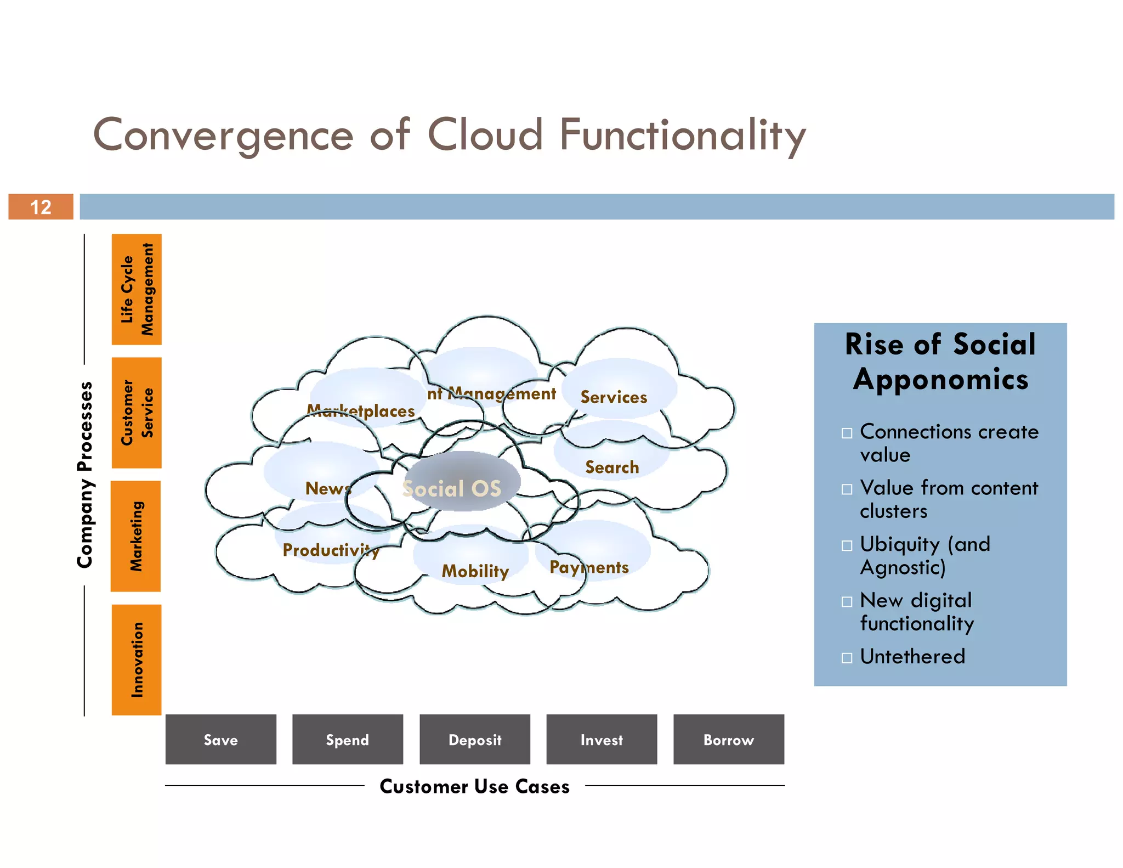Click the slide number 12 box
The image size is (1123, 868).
pyautogui.click(x=41, y=207)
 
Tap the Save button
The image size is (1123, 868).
pyautogui.click(x=220, y=739)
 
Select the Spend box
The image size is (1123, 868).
pyautogui.click(x=348, y=739)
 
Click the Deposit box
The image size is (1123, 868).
pyautogui.click(x=475, y=739)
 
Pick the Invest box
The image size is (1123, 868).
pyautogui.click(x=602, y=739)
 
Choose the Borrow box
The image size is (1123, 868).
pyautogui.click(x=729, y=739)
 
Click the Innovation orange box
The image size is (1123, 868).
pyautogui.click(x=137, y=660)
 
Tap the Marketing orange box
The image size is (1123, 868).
pyautogui.click(x=136, y=536)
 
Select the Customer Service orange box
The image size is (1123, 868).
pyautogui.click(x=137, y=413)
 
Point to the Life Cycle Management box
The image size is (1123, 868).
pyautogui.click(x=137, y=289)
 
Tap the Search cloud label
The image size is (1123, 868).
pyautogui.click(x=612, y=467)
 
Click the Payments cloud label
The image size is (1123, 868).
pyautogui.click(x=589, y=567)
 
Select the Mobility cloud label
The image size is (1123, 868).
pyautogui.click(x=475, y=571)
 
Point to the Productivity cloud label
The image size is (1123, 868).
pyautogui.click(x=331, y=550)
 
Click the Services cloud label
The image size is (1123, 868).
pyautogui.click(x=614, y=397)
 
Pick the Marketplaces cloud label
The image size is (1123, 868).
pyautogui.click(x=361, y=411)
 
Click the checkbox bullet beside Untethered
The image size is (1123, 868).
pyautogui.click(x=847, y=657)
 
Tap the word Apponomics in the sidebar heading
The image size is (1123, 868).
pyautogui.click(x=940, y=380)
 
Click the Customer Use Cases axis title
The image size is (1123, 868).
pyautogui.click(x=474, y=786)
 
